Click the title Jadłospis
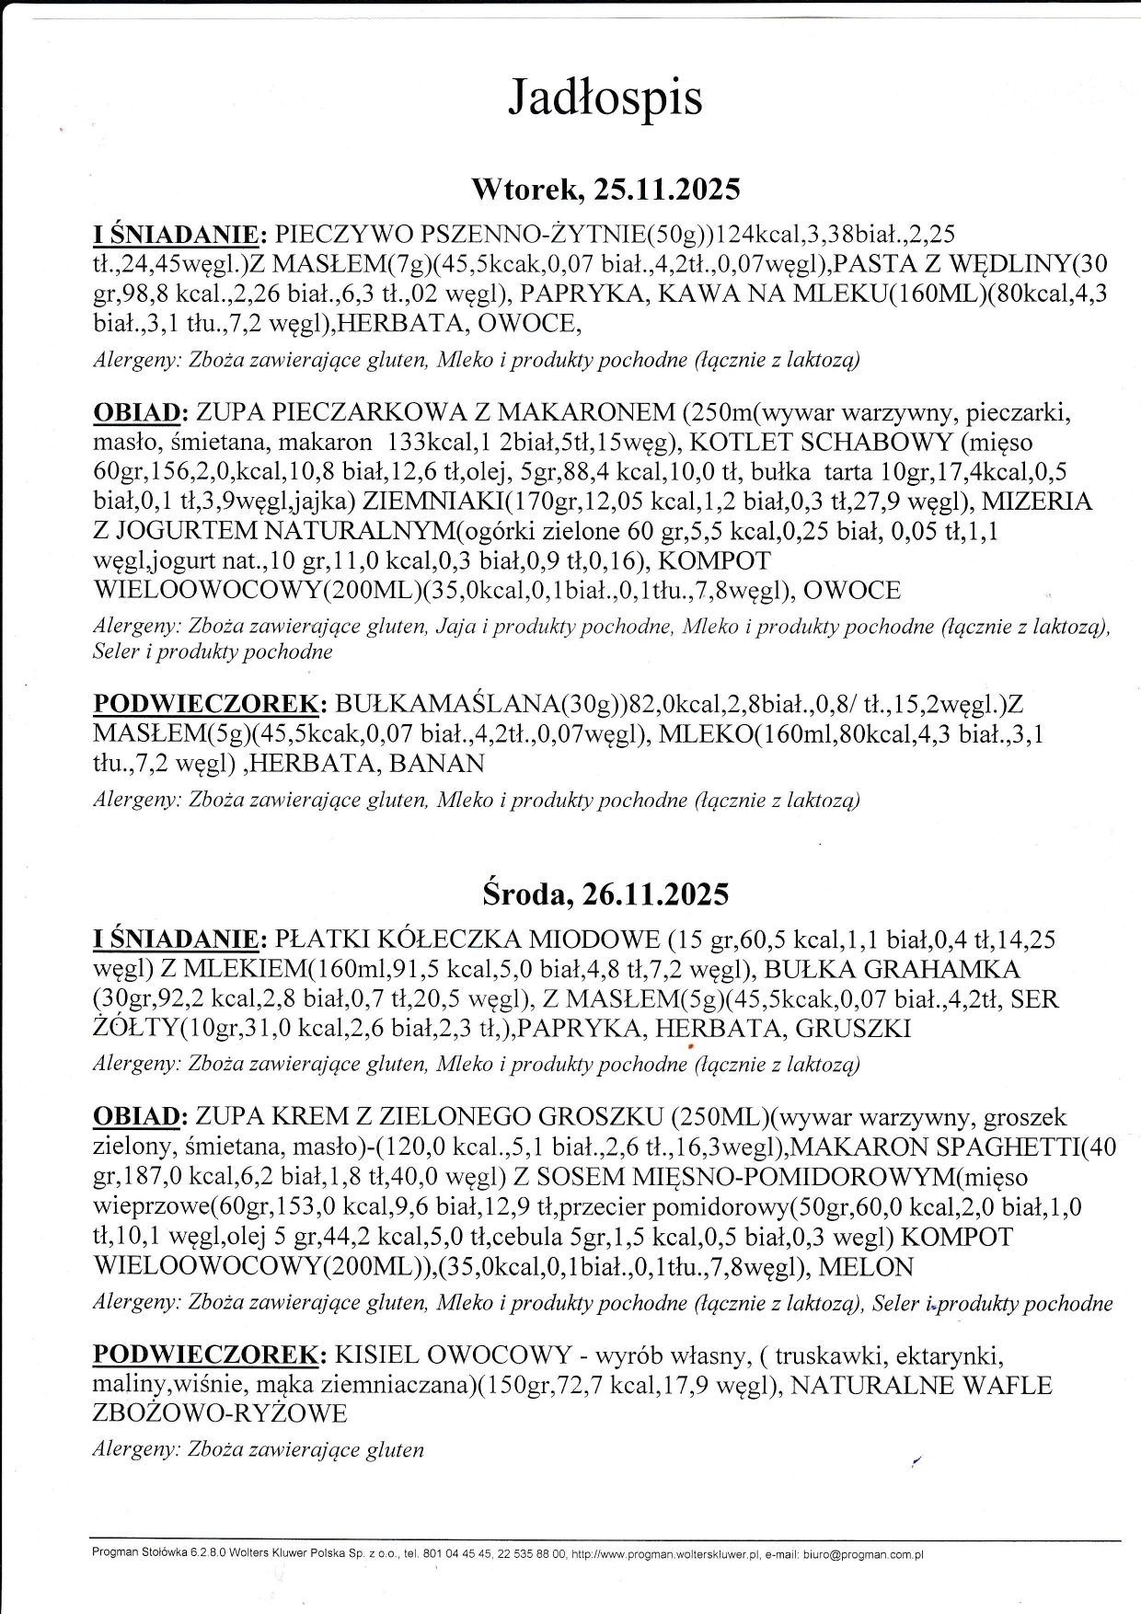(605, 98)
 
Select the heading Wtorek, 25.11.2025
(605, 190)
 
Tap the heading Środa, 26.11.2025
(605, 894)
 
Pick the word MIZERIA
(1037, 501)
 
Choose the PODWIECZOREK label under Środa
(209, 1355)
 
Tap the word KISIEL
(377, 1355)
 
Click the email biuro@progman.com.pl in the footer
(863, 1554)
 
